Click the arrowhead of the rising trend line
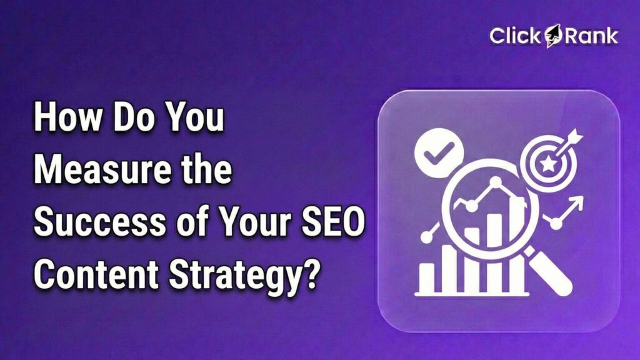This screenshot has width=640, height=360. point(576,201)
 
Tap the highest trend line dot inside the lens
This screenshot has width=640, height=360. point(496,182)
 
